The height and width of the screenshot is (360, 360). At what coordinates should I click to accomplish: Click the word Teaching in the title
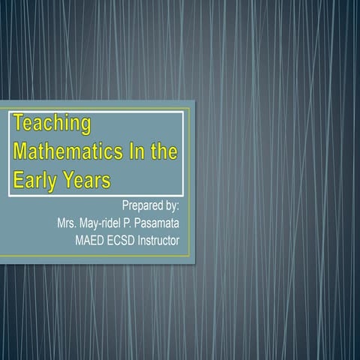click(51, 123)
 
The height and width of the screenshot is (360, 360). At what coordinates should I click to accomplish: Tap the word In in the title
click(136, 152)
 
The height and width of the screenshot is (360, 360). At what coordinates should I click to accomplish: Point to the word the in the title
click(163, 152)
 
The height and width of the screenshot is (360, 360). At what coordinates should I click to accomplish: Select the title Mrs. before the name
click(70, 223)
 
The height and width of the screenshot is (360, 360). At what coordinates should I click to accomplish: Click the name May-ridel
click(109, 223)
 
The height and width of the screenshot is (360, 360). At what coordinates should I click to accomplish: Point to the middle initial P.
click(140, 223)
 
